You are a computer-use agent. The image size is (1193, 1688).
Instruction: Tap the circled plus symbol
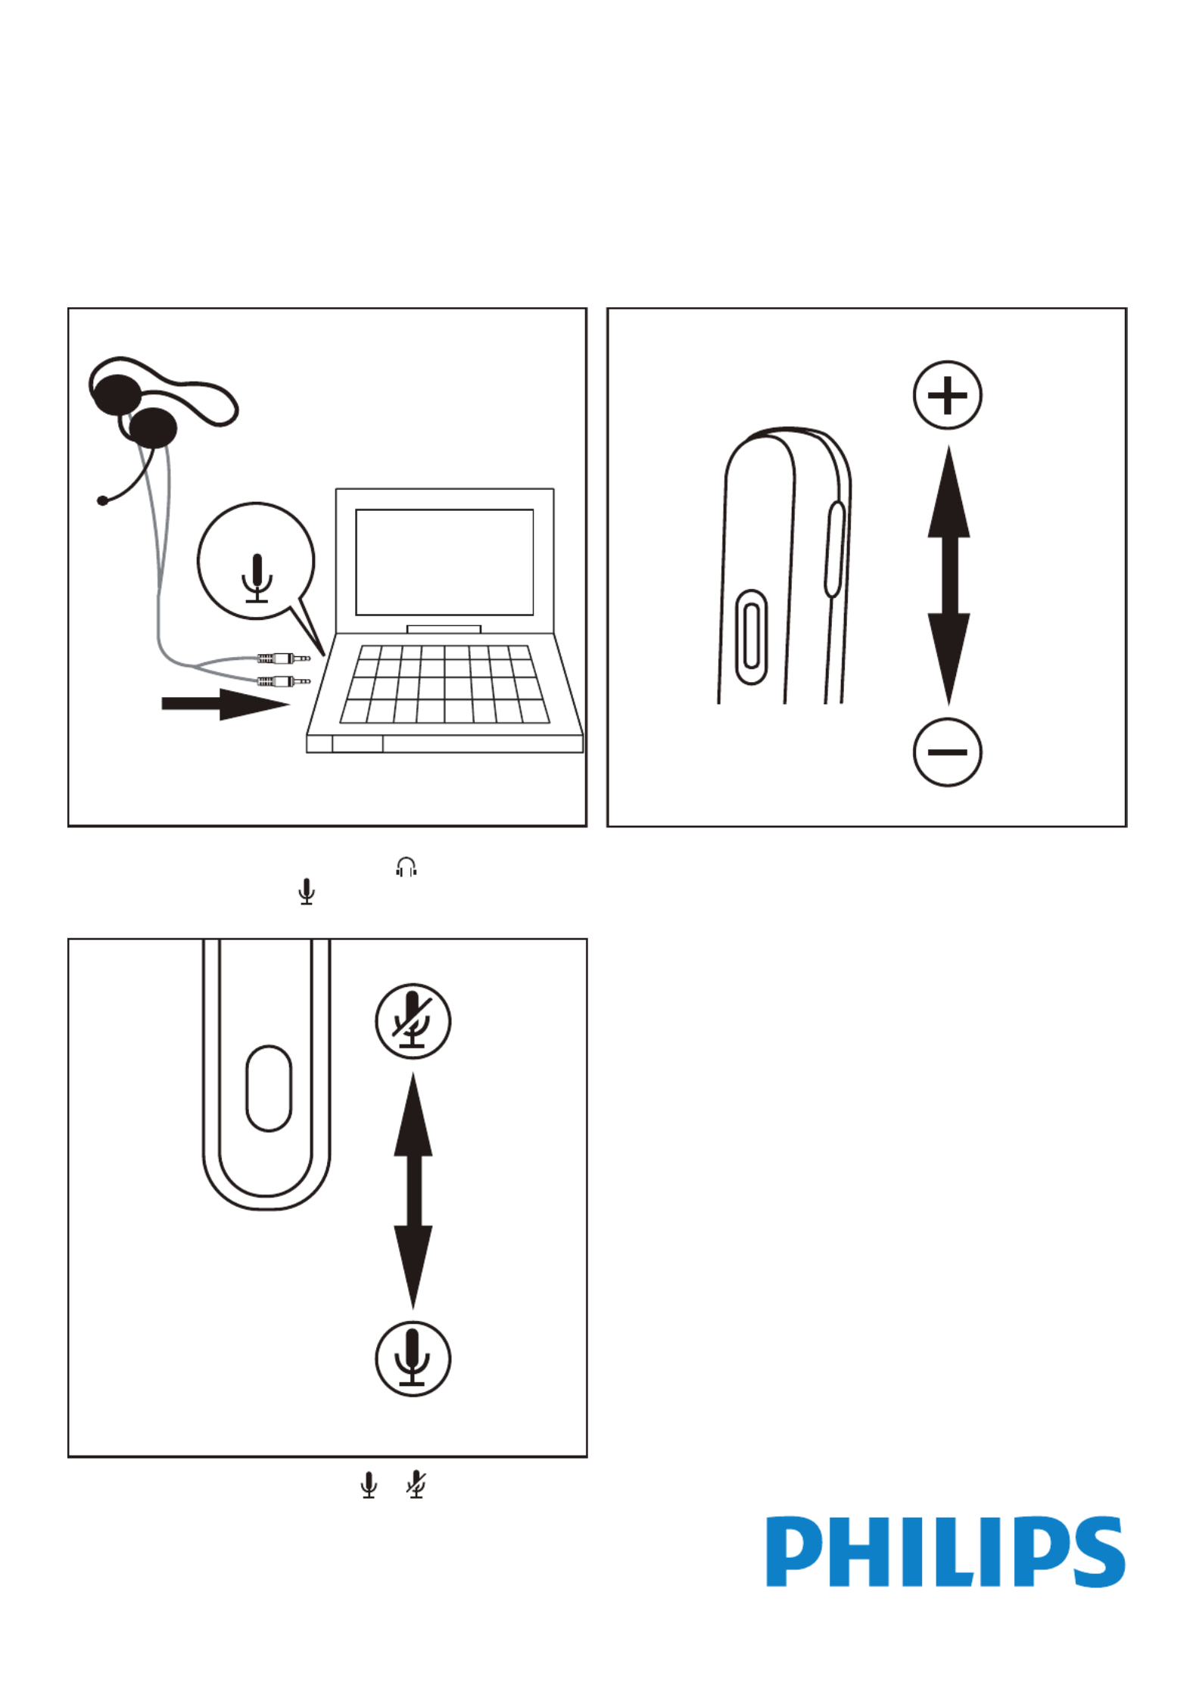[947, 395]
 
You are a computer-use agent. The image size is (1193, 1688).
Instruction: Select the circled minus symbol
[947, 752]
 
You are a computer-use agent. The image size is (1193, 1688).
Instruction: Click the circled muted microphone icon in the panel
[413, 1021]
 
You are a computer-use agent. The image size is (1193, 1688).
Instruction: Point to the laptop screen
[444, 562]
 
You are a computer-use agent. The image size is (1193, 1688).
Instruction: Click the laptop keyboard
[445, 684]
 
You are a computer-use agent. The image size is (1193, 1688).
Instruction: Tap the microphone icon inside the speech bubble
[257, 578]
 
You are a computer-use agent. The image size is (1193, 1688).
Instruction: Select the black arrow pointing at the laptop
[225, 704]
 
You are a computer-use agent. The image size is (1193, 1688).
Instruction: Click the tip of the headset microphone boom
[103, 500]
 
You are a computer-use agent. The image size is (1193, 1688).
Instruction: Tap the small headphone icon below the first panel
[406, 867]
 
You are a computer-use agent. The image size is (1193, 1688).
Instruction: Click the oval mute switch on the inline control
[269, 1088]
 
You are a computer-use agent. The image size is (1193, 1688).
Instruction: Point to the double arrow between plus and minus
[948, 575]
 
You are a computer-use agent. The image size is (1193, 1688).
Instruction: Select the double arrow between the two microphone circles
[413, 1191]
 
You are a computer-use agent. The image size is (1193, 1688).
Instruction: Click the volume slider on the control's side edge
[835, 549]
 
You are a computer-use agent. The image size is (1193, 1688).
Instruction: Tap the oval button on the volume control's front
[751, 637]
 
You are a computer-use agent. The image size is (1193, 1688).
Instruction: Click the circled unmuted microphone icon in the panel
[413, 1359]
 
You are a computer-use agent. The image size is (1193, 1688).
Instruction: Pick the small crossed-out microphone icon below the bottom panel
[416, 1484]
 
